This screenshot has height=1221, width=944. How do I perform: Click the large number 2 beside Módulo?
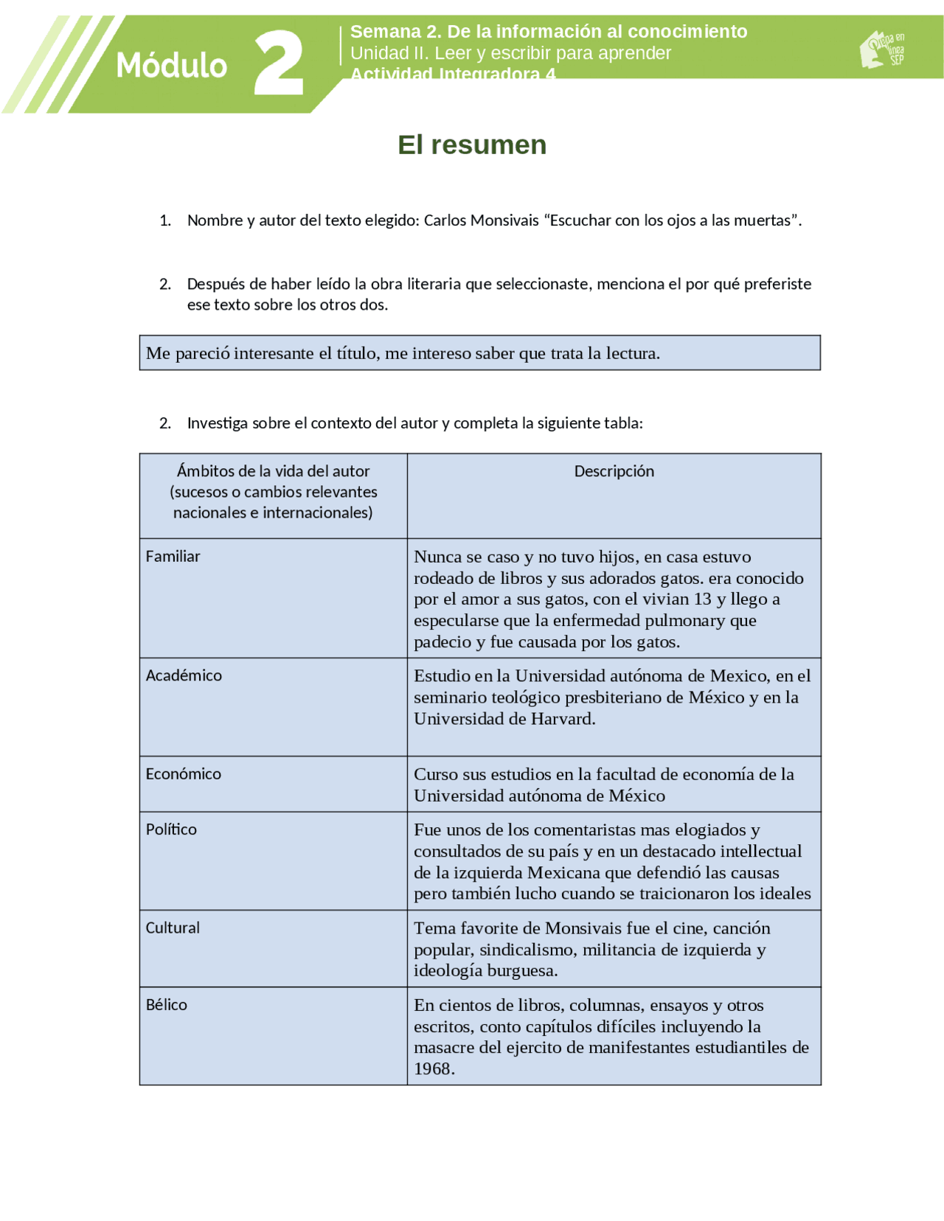[279, 63]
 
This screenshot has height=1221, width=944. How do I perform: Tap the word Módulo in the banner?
[171, 66]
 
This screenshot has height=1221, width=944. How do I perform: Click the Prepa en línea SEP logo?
[882, 49]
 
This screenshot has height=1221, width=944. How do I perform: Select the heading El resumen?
[472, 145]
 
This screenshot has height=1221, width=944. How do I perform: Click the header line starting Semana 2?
[548, 32]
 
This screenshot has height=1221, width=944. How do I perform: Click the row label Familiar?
[173, 557]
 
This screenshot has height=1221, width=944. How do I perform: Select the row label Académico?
[184, 675]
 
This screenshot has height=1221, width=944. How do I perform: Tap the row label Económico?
[183, 774]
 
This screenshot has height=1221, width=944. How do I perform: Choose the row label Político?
[171, 829]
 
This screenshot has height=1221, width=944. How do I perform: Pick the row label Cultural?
[173, 928]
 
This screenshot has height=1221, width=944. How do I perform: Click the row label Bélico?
[166, 1005]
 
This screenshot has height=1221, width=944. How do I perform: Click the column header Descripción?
[614, 471]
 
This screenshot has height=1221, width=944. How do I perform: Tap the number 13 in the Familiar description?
[702, 599]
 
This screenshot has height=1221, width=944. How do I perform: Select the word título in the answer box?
[358, 353]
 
